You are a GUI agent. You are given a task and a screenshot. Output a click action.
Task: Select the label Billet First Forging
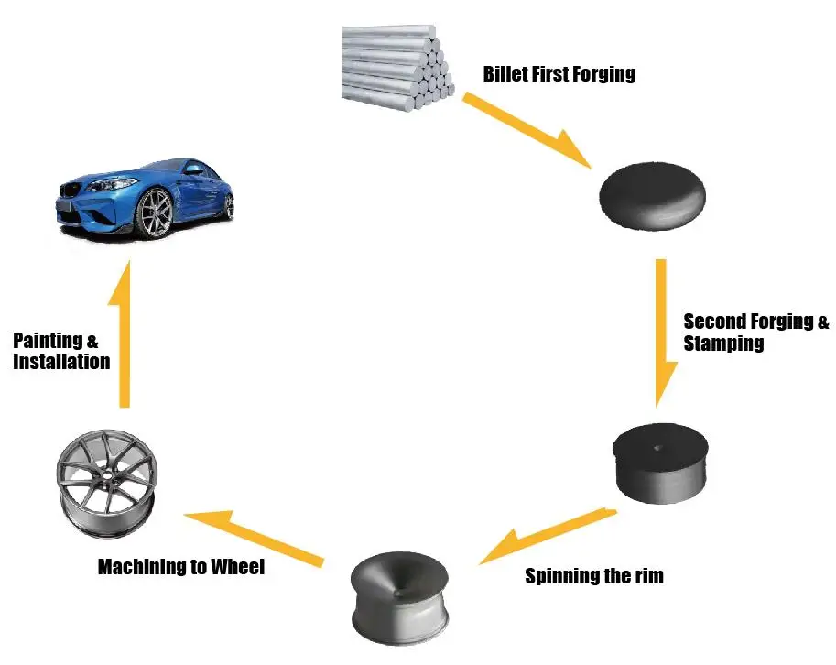pyautogui.click(x=559, y=74)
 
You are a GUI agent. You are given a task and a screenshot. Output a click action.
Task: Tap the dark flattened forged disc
pyautogui.click(x=652, y=194)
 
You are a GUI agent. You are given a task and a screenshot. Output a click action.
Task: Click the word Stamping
pyautogui.click(x=723, y=344)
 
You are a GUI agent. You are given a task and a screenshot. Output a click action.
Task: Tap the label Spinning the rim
pyautogui.click(x=593, y=576)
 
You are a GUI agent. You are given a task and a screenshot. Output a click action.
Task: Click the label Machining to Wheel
pyautogui.click(x=180, y=567)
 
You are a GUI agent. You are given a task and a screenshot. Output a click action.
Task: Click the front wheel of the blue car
pyautogui.click(x=153, y=213)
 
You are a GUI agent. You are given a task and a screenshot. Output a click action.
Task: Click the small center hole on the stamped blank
pyautogui.click(x=659, y=448)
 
